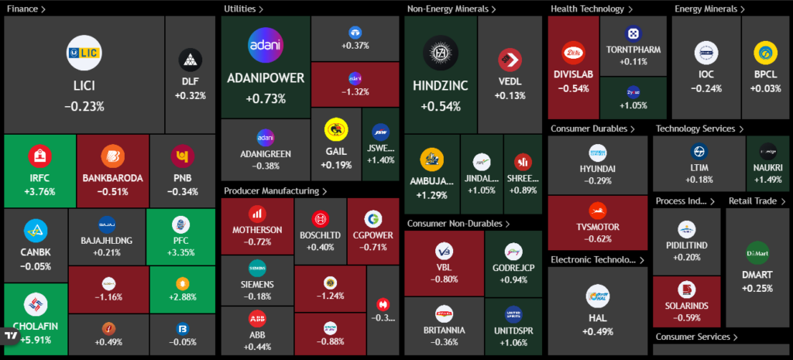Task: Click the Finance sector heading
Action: [x=23, y=9]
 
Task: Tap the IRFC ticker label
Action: [x=39, y=178]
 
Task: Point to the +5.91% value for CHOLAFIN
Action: [x=39, y=338]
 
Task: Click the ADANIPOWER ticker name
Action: [x=266, y=78]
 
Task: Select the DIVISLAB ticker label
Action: [x=574, y=75]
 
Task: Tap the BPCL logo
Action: [x=765, y=53]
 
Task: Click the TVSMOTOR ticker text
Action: [x=597, y=226]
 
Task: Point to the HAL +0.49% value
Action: [x=597, y=331]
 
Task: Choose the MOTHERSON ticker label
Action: [x=257, y=230]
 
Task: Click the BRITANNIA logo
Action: [x=445, y=314]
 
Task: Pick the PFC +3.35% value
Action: [x=180, y=252]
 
